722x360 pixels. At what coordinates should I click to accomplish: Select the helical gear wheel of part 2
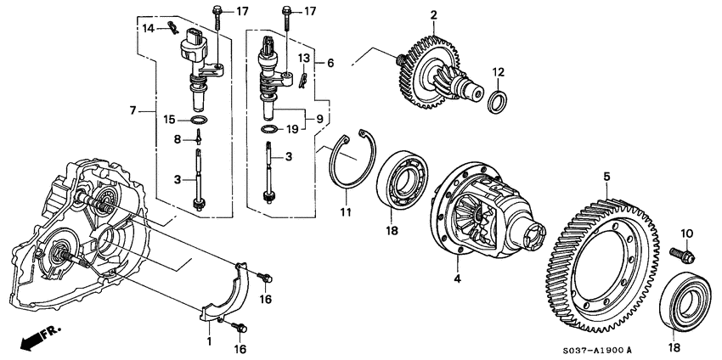click(422, 64)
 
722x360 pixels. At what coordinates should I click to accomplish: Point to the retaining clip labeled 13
click(300, 79)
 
